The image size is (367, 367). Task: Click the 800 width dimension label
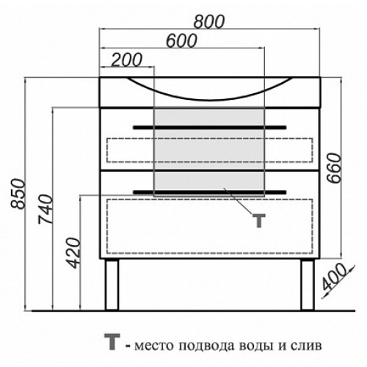tap(208, 21)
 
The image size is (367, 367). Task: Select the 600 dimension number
tap(181, 41)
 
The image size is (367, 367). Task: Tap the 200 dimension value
tap(126, 59)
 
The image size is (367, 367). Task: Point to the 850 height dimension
tap(18, 194)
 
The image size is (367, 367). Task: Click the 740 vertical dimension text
tap(46, 209)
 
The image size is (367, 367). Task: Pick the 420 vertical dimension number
tap(73, 252)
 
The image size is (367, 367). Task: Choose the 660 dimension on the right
tap(334, 168)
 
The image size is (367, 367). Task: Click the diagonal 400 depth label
tap(334, 277)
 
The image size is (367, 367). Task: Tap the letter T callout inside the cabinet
tap(259, 220)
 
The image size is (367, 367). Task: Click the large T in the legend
tap(112, 341)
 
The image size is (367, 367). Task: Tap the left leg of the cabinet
tap(112, 285)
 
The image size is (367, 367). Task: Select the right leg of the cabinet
tap(308, 285)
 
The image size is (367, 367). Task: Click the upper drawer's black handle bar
tap(210, 128)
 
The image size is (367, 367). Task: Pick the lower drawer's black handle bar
tap(210, 192)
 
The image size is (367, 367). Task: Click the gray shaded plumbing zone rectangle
tap(209, 152)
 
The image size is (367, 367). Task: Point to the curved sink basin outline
tap(210, 99)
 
